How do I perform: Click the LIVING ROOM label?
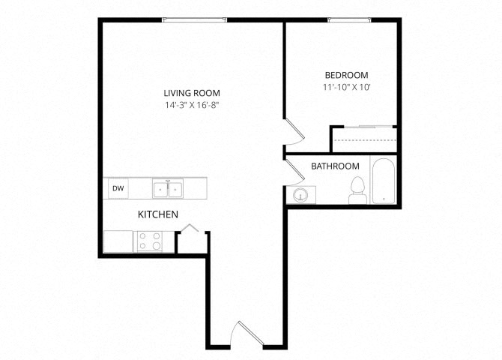(x=192, y=93)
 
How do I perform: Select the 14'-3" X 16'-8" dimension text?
(x=192, y=105)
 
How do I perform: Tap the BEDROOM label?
(x=346, y=75)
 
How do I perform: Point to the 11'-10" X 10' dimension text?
(x=346, y=87)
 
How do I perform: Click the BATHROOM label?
(x=335, y=166)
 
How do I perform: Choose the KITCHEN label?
(x=157, y=214)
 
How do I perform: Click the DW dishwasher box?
(x=118, y=188)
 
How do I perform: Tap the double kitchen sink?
(x=168, y=188)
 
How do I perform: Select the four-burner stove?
(x=150, y=241)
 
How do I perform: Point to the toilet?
(x=357, y=190)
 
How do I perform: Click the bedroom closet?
(x=363, y=140)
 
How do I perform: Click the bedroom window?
(x=346, y=20)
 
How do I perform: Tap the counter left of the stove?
(x=118, y=241)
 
